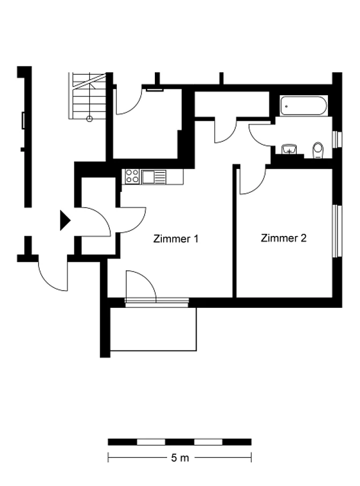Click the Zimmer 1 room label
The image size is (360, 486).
click(176, 239)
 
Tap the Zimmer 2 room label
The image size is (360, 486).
click(283, 238)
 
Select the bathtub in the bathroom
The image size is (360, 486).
click(304, 105)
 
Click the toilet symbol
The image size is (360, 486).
click(318, 150)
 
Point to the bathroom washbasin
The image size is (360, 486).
click(289, 149)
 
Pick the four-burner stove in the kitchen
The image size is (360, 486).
click(132, 176)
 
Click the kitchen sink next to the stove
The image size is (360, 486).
click(154, 177)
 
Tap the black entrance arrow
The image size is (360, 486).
click(65, 221)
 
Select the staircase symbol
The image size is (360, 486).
click(87, 96)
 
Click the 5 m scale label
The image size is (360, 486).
click(180, 458)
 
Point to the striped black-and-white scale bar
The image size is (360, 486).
click(179, 442)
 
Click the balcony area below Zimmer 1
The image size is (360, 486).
click(153, 329)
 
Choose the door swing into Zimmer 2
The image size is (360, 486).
click(253, 181)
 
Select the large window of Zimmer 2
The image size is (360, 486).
click(335, 231)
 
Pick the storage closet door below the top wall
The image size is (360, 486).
click(226, 130)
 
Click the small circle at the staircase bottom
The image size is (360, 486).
click(89, 118)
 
